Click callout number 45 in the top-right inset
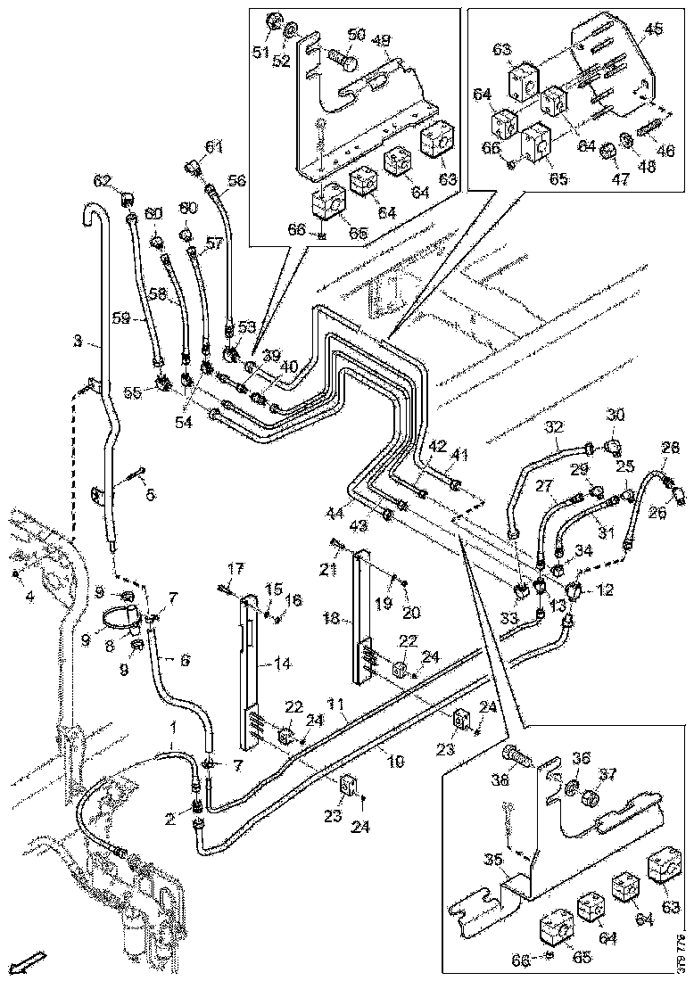654,30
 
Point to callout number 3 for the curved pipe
78,341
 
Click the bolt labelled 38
516,756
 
